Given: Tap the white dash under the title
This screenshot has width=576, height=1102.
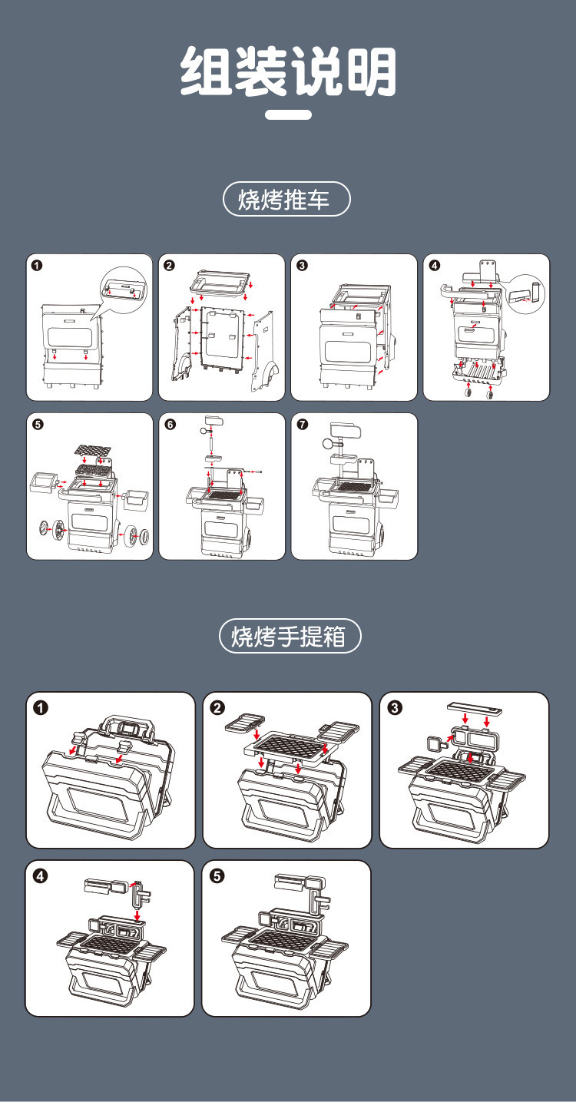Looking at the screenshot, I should pos(288,115).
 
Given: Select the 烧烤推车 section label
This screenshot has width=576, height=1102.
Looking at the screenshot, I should pos(286,200).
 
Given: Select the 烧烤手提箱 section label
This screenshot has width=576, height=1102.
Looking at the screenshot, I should pos(288,637).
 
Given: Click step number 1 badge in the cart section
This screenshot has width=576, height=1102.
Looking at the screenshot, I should pos(37,266).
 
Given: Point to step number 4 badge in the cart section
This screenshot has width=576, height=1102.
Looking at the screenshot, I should pos(435,266).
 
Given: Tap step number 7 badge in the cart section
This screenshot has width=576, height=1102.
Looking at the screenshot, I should pos(302,425).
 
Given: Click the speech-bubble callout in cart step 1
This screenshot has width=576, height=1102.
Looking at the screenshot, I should pos(123,290).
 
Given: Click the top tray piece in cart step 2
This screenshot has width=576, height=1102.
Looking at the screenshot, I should pos(222,282).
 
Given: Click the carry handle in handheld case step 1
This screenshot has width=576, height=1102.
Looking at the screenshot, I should pos(127,726).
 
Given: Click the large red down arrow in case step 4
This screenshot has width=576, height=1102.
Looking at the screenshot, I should pos(137,915).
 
